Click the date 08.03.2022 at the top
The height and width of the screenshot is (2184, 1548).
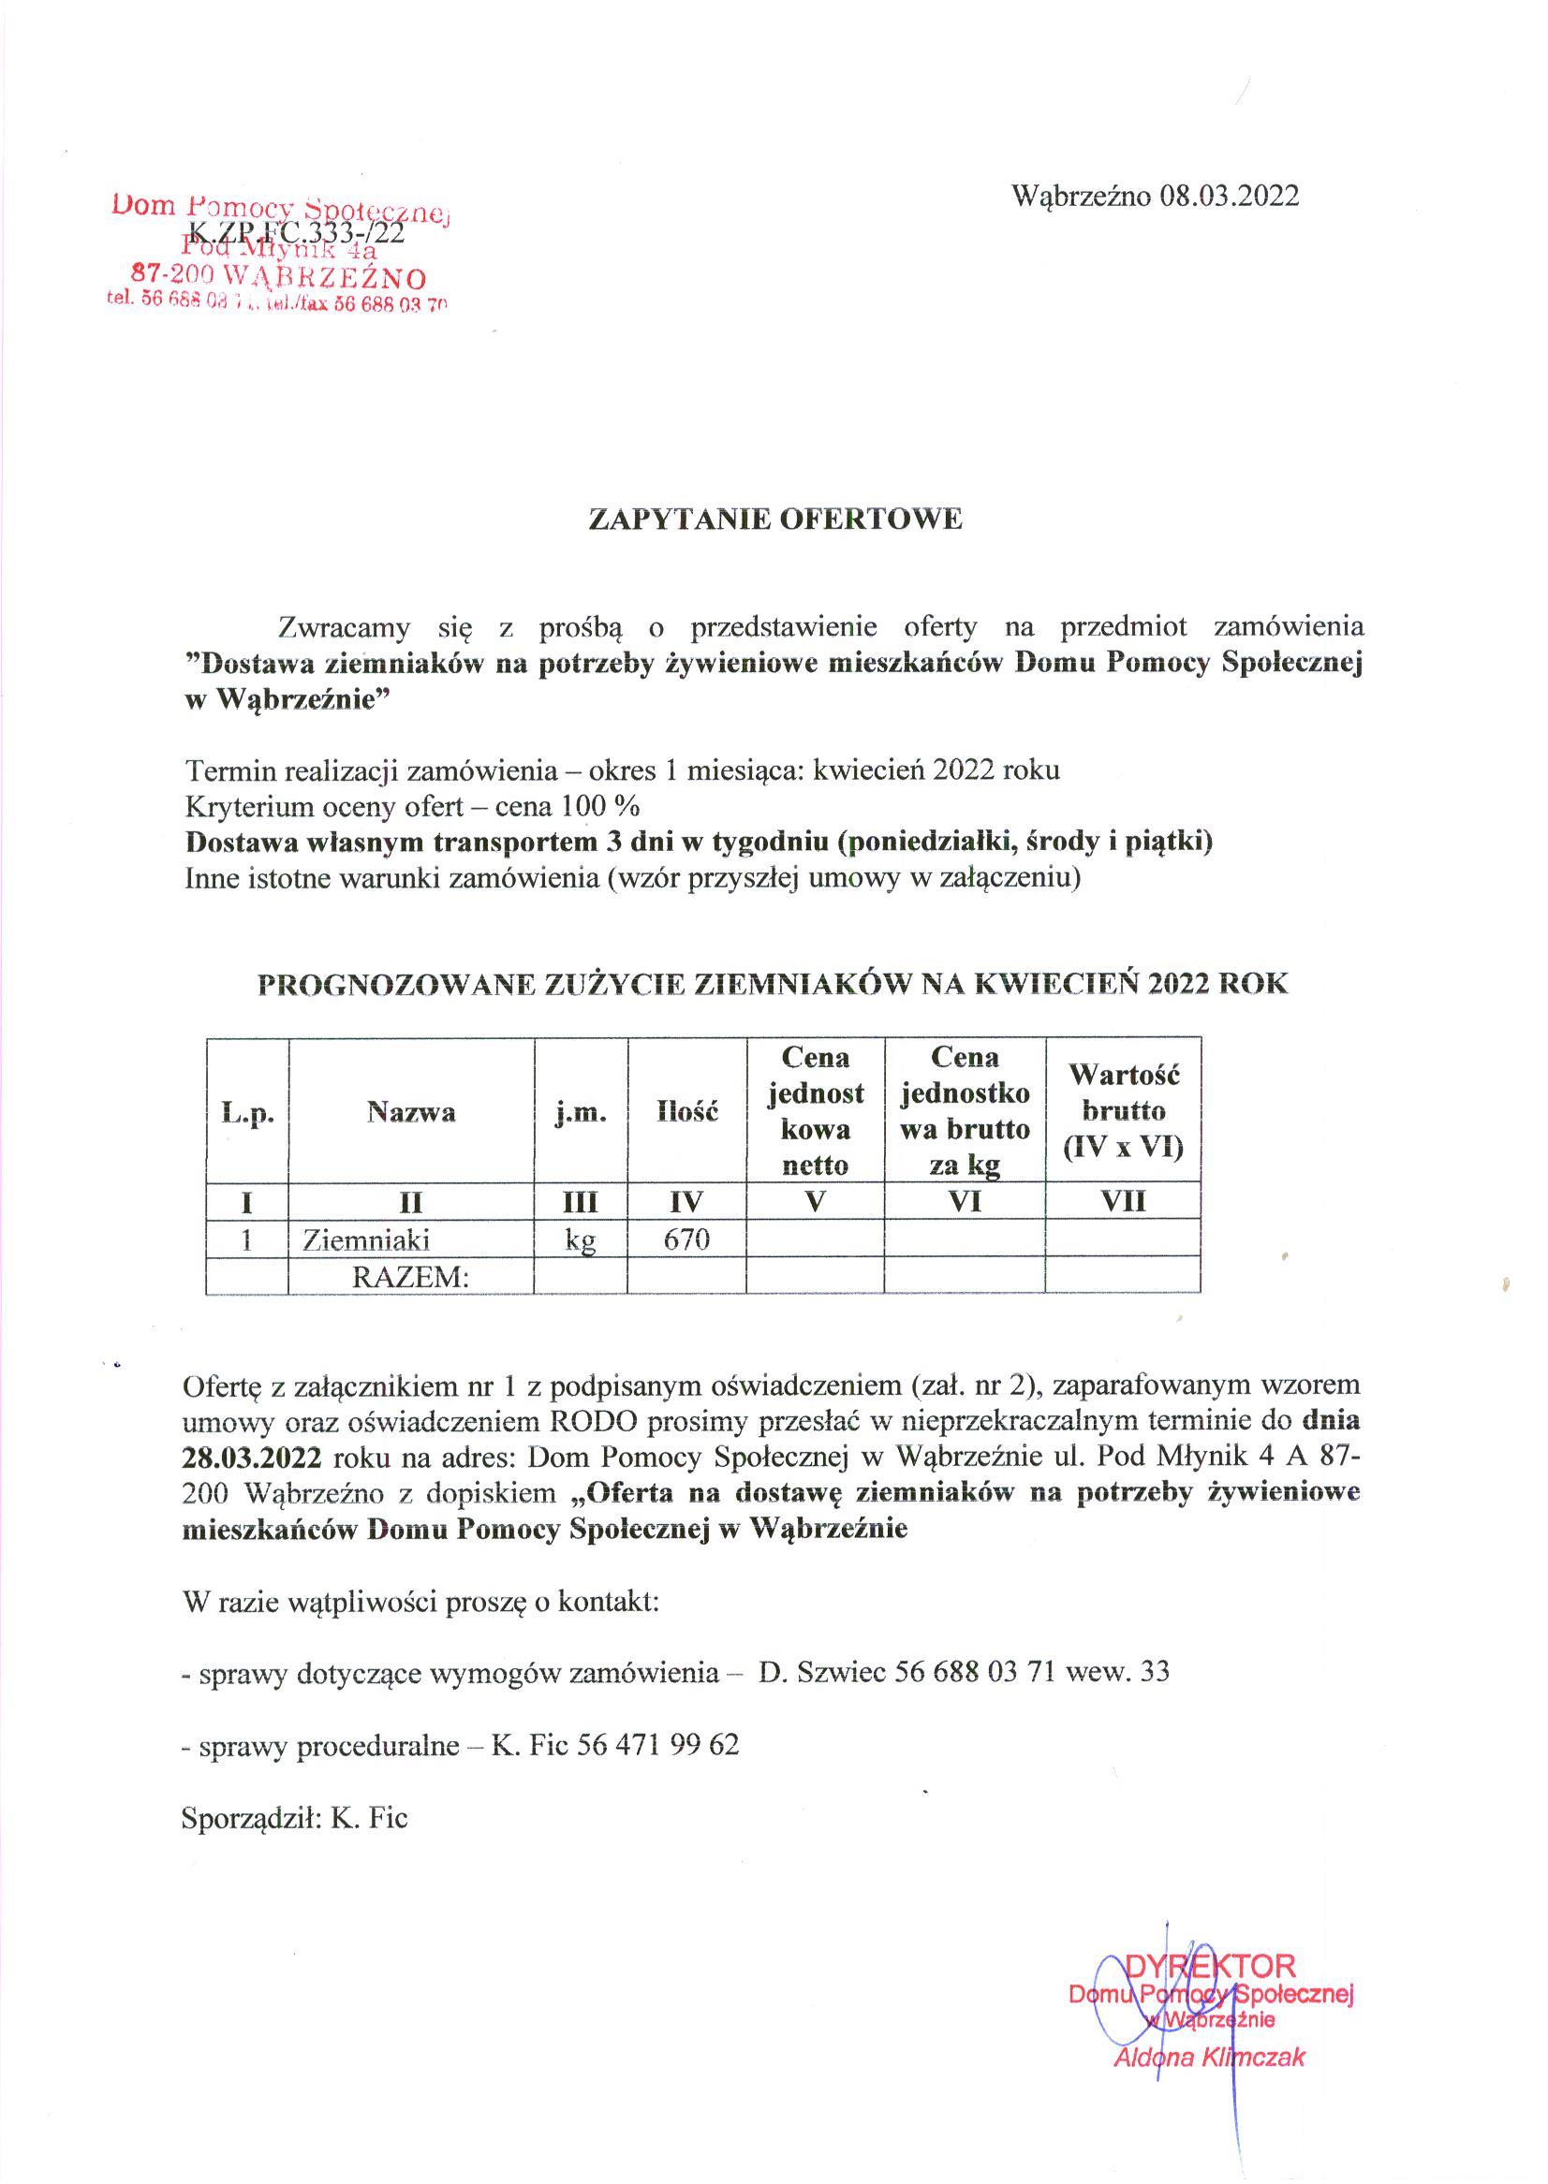click(x=1229, y=197)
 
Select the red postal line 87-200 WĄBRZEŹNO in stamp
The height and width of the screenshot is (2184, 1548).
click(x=277, y=278)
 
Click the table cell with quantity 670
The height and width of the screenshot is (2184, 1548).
click(x=686, y=1239)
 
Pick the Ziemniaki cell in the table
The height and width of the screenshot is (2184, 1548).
click(x=366, y=1239)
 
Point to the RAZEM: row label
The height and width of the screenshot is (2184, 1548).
click(x=411, y=1277)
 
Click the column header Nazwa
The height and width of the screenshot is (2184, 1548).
click(x=411, y=1112)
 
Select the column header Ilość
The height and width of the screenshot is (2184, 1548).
click(x=686, y=1112)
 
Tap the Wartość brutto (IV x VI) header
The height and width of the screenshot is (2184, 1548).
click(x=1123, y=1112)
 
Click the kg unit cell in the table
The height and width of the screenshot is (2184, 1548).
click(x=581, y=1240)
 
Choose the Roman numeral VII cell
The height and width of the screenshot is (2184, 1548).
click(x=1123, y=1202)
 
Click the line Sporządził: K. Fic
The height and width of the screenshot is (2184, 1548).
click(x=295, y=1818)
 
